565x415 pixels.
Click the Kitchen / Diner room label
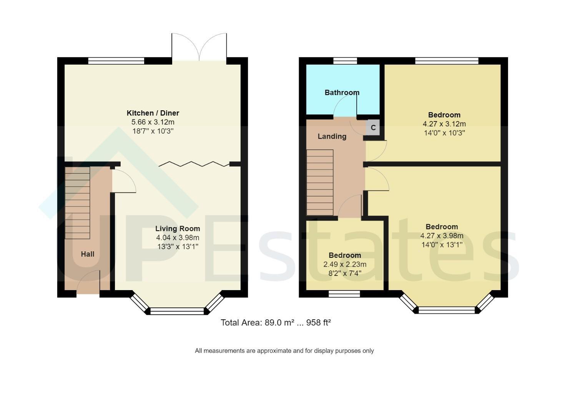point(153,113)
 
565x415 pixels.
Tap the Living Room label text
point(178,228)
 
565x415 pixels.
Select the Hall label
point(88,254)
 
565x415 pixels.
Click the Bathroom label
point(342,93)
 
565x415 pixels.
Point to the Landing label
point(332,136)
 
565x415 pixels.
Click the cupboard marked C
point(373,128)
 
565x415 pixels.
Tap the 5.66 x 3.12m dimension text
point(153,122)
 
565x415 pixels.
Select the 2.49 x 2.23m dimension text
point(345,264)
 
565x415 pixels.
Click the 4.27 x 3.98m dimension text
point(442,236)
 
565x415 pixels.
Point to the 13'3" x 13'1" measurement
point(178,246)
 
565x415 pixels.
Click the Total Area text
point(276,322)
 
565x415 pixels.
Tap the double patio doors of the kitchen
point(199,47)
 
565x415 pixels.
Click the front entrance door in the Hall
point(88,282)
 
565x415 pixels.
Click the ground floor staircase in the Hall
point(77,203)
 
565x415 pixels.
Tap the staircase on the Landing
point(320,183)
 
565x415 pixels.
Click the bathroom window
point(345,61)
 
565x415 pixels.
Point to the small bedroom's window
point(344,294)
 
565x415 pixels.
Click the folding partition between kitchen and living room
point(194,164)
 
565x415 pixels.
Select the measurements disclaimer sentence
point(284,351)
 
